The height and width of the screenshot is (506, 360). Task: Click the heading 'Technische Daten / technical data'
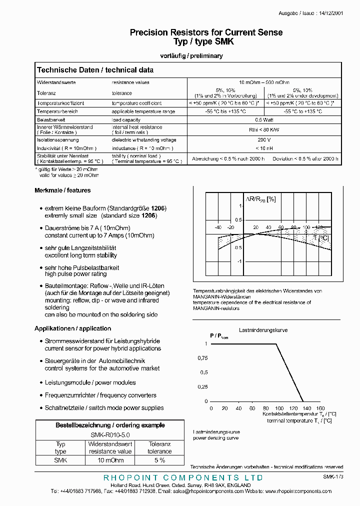tap(95, 70)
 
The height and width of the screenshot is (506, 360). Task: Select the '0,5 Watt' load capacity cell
tap(264, 120)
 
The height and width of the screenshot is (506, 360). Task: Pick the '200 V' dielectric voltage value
tap(264, 140)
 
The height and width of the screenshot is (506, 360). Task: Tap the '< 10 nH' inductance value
tap(264, 148)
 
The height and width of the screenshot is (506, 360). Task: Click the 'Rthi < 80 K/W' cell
tap(264, 130)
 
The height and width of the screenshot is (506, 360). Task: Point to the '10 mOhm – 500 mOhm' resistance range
tap(264, 82)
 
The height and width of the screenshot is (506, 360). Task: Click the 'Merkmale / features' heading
tap(62, 190)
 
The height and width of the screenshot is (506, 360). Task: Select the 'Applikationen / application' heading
tap(72, 328)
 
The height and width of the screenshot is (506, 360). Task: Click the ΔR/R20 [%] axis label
tap(260, 199)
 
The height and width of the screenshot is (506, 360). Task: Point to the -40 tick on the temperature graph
tap(218, 227)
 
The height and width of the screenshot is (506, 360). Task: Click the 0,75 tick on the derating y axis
tap(202, 358)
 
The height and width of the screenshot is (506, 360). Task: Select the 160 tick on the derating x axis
tap(320, 408)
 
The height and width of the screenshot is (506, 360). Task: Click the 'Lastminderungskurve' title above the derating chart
tap(263, 330)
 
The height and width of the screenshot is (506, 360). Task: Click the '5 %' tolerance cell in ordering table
tap(159, 460)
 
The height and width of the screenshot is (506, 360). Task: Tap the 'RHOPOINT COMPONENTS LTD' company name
tap(183, 478)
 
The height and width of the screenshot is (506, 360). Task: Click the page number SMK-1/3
tap(333, 477)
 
